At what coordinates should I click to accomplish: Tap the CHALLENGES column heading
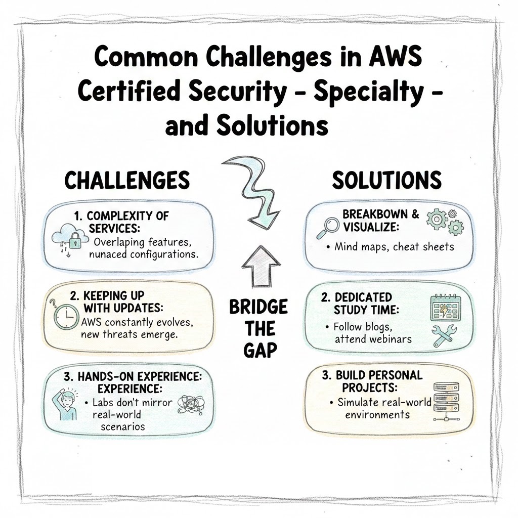click(127, 180)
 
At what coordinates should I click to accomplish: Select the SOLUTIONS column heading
click(386, 180)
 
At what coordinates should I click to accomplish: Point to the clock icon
click(65, 316)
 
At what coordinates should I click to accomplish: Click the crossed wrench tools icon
click(444, 335)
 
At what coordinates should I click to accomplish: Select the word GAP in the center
click(258, 351)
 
